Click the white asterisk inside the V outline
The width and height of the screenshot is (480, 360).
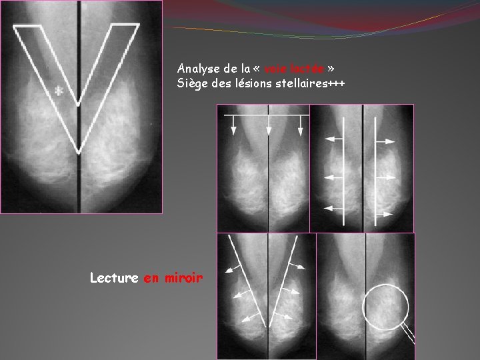tap(59, 91)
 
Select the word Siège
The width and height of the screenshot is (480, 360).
tap(193, 83)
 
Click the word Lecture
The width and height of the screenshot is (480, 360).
tap(114, 278)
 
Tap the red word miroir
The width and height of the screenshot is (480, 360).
tap(181, 278)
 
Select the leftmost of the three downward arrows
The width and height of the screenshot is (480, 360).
tap(234, 124)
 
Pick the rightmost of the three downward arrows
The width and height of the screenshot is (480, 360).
tap(301, 124)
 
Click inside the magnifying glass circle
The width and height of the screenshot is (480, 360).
tap(385, 307)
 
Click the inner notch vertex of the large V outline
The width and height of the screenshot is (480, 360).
tap(79, 103)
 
